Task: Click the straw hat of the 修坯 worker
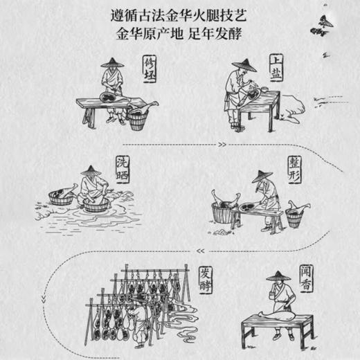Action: tap(111, 63)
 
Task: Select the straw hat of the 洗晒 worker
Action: tap(91, 170)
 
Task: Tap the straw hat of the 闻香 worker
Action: tap(277, 276)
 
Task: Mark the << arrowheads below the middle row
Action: tap(199, 250)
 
